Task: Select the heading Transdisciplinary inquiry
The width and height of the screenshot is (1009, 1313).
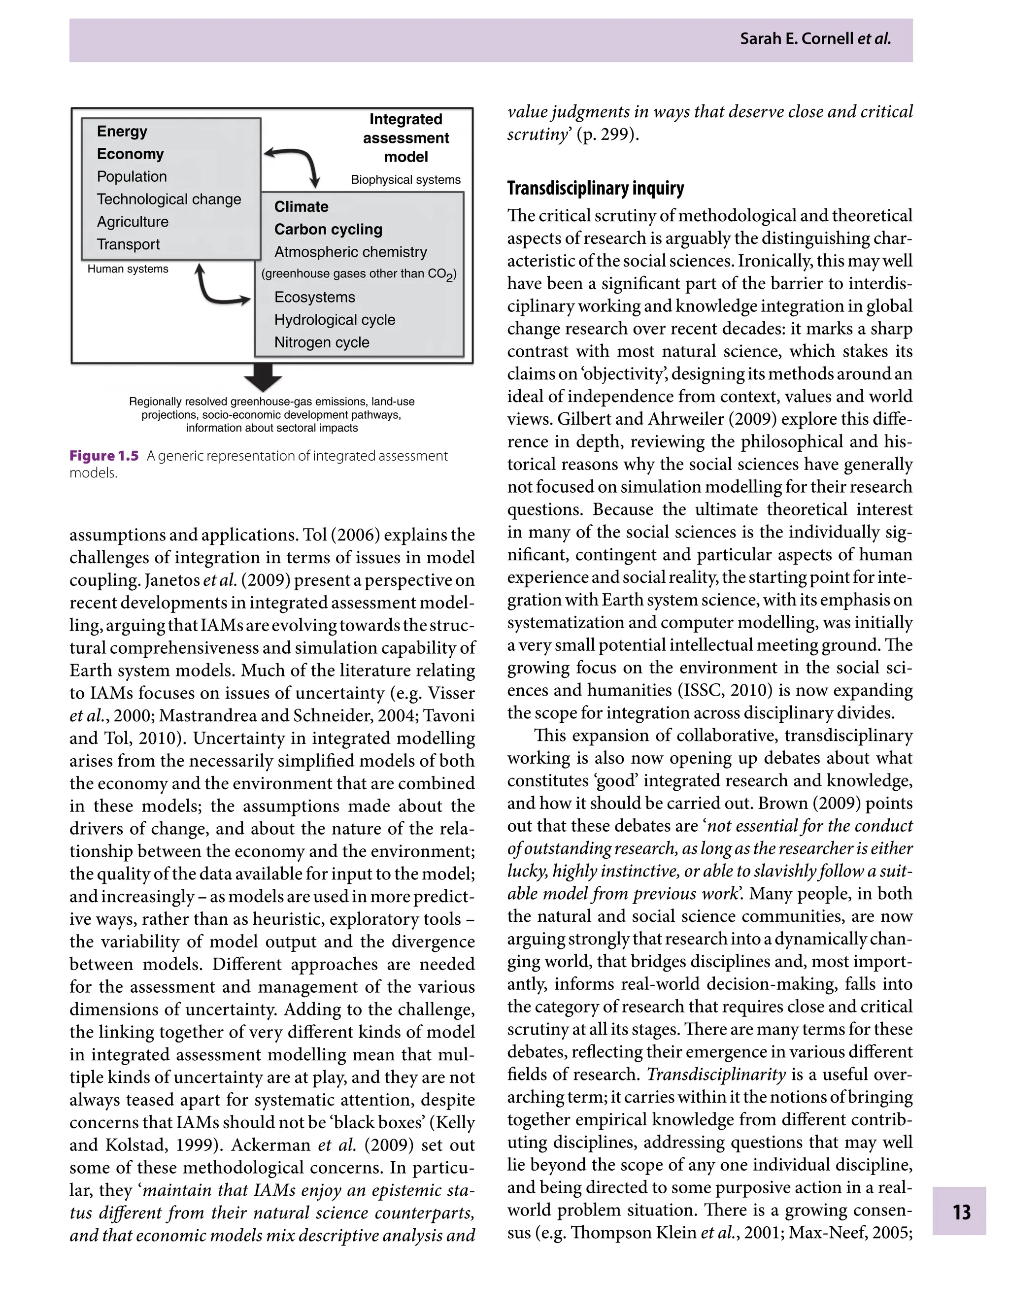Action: pos(595,189)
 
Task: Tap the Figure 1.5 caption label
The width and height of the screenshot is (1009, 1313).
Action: pos(104,456)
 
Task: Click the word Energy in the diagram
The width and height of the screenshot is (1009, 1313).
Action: pos(122,132)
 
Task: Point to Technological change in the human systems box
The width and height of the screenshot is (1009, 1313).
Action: pos(169,200)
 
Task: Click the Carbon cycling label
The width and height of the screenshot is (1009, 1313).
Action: pos(328,230)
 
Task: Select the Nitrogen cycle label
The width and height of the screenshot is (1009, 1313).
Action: pos(321,342)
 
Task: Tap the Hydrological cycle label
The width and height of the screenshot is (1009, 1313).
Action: pos(335,320)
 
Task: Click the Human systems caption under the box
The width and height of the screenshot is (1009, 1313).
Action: pos(127,269)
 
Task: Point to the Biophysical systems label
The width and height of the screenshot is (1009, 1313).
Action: pos(405,180)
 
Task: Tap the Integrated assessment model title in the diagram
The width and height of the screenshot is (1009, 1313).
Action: pos(406,138)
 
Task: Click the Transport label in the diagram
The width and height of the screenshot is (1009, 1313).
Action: pos(128,244)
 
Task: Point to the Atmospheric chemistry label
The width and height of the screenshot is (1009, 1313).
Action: pos(350,252)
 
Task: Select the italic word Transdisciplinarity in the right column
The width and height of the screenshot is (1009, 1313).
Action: pos(716,1075)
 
